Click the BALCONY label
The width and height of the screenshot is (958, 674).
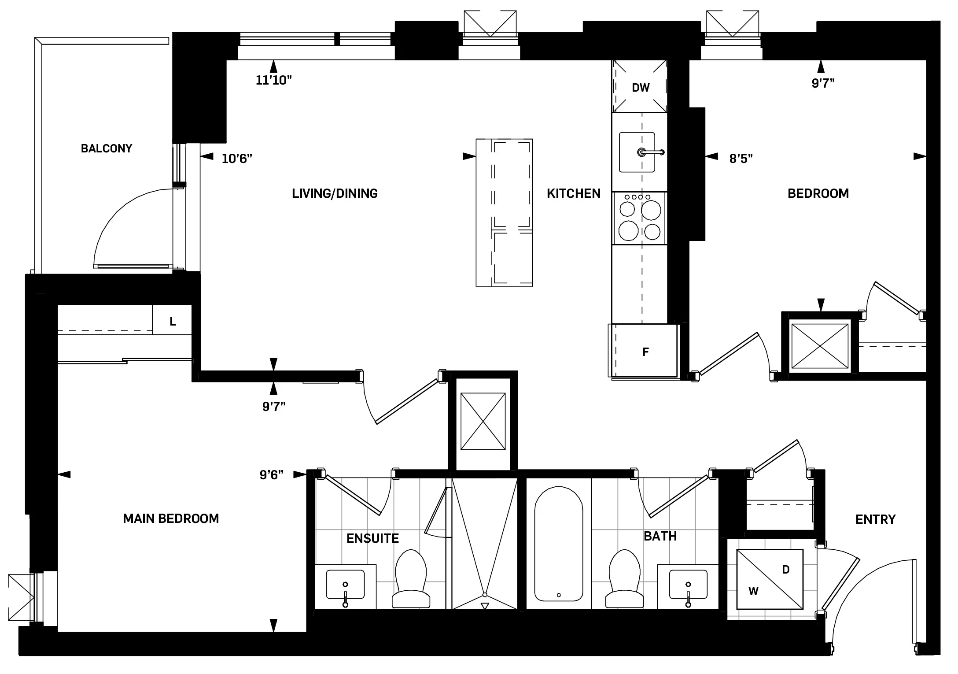[107, 148]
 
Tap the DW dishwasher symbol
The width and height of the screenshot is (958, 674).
[640, 87]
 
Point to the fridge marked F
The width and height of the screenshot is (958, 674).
[645, 351]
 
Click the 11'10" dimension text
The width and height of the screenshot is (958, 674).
[274, 80]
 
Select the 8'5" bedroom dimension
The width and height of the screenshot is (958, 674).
[741, 159]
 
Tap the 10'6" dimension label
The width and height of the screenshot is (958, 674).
[237, 159]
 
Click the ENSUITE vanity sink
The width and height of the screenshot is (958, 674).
[345, 584]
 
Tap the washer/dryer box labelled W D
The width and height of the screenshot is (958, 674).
[770, 579]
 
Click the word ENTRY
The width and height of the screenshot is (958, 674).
[875, 519]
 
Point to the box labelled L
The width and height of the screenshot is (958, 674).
[172, 322]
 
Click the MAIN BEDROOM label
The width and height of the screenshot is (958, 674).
[171, 518]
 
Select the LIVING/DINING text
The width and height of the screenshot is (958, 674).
[335, 193]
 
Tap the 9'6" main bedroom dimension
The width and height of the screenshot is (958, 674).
[272, 474]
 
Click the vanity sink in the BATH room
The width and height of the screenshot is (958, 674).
[688, 584]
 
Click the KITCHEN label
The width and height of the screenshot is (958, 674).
[573, 193]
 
